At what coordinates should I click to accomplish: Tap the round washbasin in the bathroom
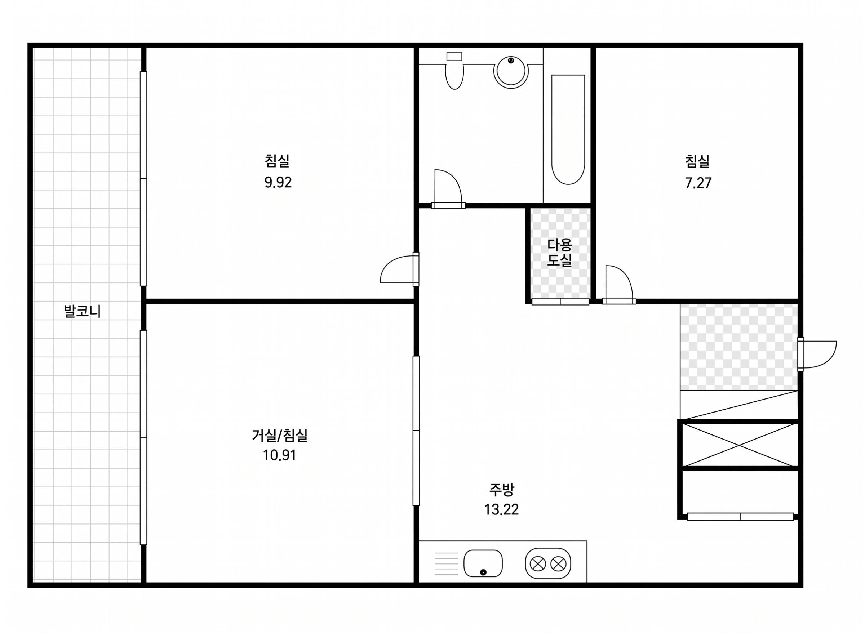[x=511, y=72]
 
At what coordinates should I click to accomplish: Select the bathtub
[x=568, y=129]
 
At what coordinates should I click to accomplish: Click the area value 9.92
[x=278, y=182]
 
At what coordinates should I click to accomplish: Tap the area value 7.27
[x=698, y=183]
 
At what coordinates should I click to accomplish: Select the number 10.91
[x=279, y=456]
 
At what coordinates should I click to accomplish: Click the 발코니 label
[x=83, y=311]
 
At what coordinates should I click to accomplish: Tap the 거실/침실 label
[x=279, y=435]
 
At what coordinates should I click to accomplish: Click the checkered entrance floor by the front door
[x=738, y=347]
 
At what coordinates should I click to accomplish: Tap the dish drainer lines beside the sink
[x=447, y=563]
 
